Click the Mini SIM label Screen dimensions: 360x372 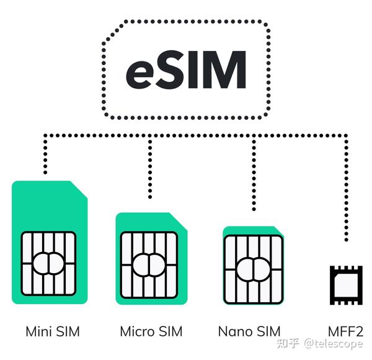tap(53, 331)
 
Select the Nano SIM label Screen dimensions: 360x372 tap(249, 331)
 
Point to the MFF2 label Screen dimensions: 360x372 tap(345, 331)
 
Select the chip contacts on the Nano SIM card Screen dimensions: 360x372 tap(253, 268)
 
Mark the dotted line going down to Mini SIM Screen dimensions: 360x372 tap(45, 155)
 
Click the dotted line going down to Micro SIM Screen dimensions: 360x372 tap(149, 168)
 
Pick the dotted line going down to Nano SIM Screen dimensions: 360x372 tap(254, 174)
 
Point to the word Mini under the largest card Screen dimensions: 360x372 tap(38, 331)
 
